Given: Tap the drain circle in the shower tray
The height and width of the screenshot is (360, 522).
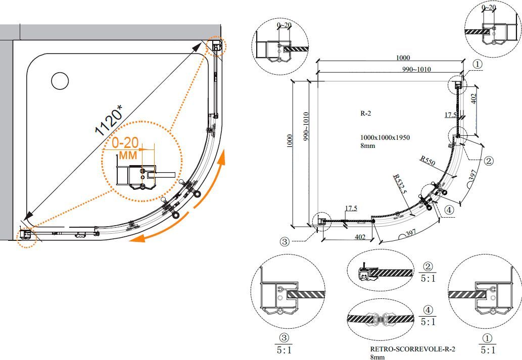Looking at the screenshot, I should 60,81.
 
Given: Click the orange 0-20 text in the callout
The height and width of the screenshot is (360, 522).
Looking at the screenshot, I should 125,144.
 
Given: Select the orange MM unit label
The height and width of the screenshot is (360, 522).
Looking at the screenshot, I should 128,155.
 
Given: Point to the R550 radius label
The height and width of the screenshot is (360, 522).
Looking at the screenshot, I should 427,161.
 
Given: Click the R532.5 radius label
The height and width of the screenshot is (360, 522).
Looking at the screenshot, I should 401,182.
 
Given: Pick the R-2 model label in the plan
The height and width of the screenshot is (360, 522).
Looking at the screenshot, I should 366,114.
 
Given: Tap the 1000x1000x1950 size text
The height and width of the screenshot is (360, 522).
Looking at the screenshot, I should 385,137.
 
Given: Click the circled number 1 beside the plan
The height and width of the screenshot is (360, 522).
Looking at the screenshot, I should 478,64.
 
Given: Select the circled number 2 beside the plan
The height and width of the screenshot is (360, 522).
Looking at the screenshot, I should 488,161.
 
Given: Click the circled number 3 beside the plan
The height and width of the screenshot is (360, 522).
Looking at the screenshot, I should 284,242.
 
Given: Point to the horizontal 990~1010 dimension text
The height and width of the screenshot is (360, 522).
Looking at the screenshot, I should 417,69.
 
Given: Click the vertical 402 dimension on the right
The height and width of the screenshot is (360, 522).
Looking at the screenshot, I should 473,99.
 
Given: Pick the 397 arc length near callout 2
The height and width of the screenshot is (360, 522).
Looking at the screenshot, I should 472,176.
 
